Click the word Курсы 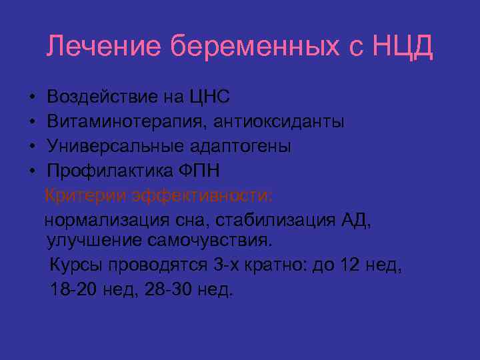[74, 265]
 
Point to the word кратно [279, 265]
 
